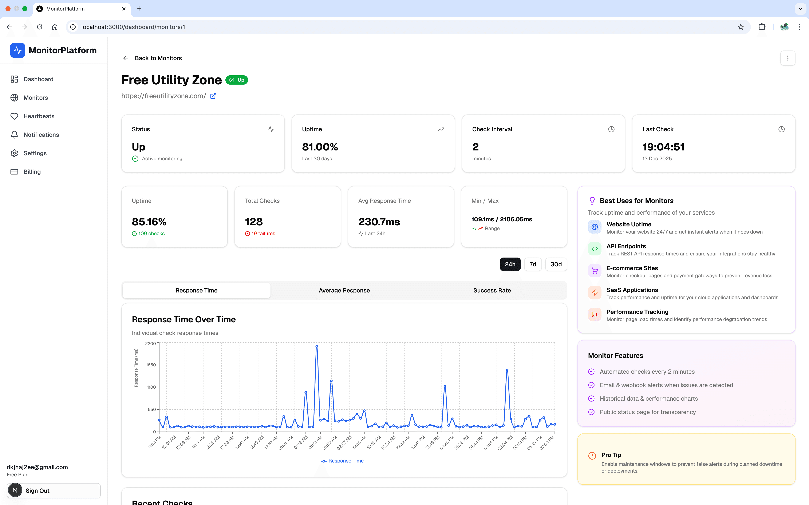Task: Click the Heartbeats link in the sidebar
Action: pos(39,116)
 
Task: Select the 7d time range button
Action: pos(533,264)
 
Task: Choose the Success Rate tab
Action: pos(492,290)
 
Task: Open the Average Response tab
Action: pos(344,290)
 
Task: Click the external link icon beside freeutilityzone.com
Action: pos(213,96)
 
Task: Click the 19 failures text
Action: pos(263,234)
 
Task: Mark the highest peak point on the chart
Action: pos(317,346)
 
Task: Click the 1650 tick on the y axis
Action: pos(151,365)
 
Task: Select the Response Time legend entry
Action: pos(342,461)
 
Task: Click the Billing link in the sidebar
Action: pos(32,172)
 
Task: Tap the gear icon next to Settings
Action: pos(14,153)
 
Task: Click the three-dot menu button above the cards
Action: pos(788,58)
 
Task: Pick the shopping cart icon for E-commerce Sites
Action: pos(594,271)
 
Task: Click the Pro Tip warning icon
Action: pos(592,456)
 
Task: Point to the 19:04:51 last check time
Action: pos(663,147)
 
